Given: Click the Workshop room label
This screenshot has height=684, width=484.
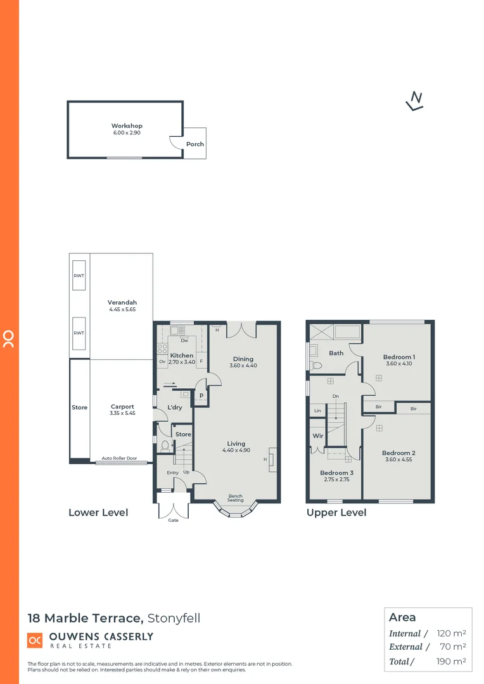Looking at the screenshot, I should [x=127, y=126].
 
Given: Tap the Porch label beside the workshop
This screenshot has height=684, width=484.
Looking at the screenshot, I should [x=195, y=144].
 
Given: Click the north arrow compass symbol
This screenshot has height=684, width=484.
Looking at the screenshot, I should [x=415, y=100].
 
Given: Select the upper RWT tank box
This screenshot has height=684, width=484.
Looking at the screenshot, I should [x=79, y=275].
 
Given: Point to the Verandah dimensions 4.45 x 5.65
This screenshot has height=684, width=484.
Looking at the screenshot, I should [x=122, y=310].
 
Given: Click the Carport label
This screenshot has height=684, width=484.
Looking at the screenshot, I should [x=122, y=407].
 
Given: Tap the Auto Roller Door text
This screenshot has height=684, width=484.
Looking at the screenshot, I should [x=119, y=458].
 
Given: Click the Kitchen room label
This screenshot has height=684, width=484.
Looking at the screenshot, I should [x=182, y=355].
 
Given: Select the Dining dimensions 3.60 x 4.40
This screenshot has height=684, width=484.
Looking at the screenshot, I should [x=243, y=366].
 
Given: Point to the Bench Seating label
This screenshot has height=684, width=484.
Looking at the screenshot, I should [x=236, y=498].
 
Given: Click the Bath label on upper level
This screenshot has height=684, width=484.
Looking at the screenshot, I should [x=336, y=353].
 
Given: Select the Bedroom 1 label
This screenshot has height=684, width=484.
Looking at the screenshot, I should [x=398, y=357].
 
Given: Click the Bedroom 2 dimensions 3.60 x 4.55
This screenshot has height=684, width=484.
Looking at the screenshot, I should [x=398, y=460].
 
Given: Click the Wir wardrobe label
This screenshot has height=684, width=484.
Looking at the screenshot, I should [x=318, y=436].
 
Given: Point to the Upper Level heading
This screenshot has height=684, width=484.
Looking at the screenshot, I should [x=336, y=512].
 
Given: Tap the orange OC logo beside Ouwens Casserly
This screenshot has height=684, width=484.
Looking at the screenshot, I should [x=35, y=640].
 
